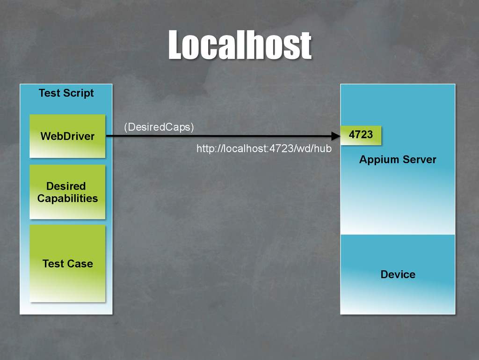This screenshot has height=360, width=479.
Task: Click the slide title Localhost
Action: pyautogui.click(x=239, y=45)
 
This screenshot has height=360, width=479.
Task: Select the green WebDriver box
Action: pyautogui.click(x=67, y=136)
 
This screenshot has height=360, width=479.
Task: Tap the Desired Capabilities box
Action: pyautogui.click(x=67, y=192)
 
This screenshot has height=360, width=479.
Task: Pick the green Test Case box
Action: pyautogui.click(x=67, y=264)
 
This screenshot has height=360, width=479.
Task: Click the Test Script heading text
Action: pyautogui.click(x=66, y=93)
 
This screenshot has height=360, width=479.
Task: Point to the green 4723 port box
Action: pyautogui.click(x=361, y=135)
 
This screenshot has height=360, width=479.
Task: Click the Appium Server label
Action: pyautogui.click(x=398, y=160)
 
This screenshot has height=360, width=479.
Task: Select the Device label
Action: pyautogui.click(x=398, y=274)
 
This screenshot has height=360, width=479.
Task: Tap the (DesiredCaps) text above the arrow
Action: pyautogui.click(x=159, y=127)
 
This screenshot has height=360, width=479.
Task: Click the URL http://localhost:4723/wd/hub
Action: pyautogui.click(x=264, y=149)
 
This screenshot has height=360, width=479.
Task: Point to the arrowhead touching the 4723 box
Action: pyautogui.click(x=335, y=136)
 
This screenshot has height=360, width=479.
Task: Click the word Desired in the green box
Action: pyautogui.click(x=66, y=186)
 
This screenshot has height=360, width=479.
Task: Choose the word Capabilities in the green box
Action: pyautogui.click(x=67, y=198)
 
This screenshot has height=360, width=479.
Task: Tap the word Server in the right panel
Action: pyautogui.click(x=419, y=160)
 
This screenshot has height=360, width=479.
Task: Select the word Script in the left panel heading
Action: pyautogui.click(x=79, y=93)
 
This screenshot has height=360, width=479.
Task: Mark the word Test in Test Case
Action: pyautogui.click(x=53, y=264)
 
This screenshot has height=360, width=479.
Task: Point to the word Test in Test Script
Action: pyautogui.click(x=50, y=93)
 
